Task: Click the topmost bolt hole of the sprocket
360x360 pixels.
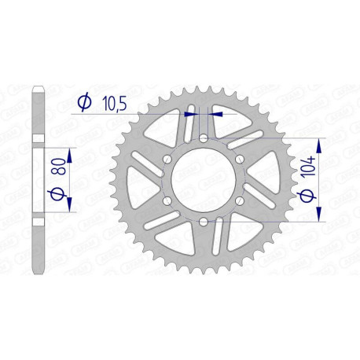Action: (204, 138)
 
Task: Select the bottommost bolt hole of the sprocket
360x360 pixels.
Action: (204, 223)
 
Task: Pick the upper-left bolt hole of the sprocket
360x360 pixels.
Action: (167, 160)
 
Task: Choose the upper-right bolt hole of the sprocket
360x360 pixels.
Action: (241, 160)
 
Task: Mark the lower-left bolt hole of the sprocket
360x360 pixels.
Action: (167, 202)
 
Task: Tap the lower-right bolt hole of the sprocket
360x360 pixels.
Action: (241, 202)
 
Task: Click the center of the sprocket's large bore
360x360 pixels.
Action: (204, 181)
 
